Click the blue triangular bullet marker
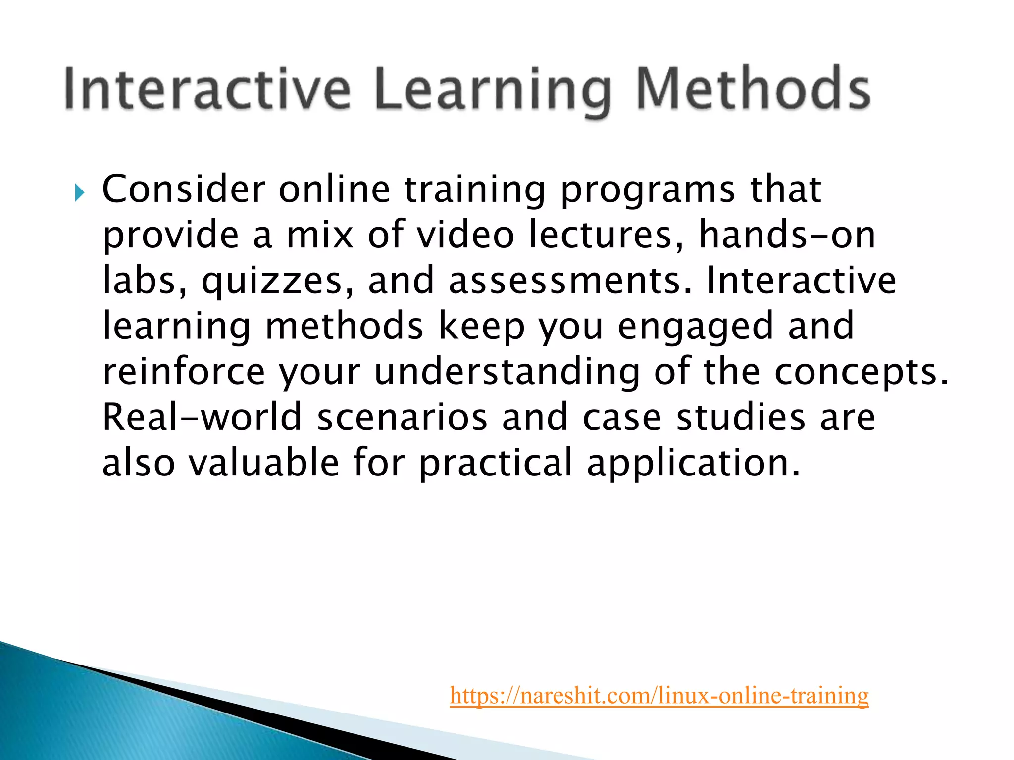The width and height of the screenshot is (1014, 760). click(80, 192)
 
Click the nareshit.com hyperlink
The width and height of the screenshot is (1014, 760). click(659, 695)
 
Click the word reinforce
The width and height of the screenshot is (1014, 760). click(184, 372)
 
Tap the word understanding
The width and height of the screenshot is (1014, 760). click(507, 372)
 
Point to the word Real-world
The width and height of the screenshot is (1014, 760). click(202, 417)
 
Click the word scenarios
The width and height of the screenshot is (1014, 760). click(402, 417)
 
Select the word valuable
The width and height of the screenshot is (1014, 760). click(263, 463)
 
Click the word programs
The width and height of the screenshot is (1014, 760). click(648, 190)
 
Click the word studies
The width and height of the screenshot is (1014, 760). click(741, 417)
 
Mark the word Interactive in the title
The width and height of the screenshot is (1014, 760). click(208, 89)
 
